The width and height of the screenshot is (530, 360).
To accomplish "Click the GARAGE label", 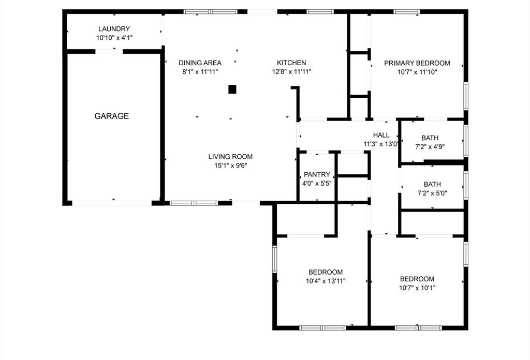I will pos(111,116).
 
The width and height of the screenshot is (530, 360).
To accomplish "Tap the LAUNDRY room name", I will pos(114,29).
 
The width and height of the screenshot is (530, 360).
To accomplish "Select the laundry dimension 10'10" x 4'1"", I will pos(114,38).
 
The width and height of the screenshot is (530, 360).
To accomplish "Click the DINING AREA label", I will pos(200,63).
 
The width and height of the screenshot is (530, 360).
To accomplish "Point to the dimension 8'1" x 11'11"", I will pos(200,72).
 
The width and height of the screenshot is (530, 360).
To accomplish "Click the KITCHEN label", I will pos(292,63).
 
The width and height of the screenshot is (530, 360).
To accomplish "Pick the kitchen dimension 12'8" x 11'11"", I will pos(292,72).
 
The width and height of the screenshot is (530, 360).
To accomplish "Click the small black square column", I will pos(232,89).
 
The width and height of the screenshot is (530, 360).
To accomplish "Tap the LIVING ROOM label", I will pos(230,157).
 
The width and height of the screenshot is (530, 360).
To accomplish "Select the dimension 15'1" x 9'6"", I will pos(230,166).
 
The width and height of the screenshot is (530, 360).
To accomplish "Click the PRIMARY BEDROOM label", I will pos(417,63).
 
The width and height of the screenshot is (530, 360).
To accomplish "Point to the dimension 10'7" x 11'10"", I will pos(417,72).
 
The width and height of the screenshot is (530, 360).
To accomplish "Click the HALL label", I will pos(381,136).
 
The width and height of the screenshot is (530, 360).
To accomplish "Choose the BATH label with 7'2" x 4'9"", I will pos(430,138).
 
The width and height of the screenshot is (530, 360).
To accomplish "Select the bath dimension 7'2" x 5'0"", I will pos(432,193).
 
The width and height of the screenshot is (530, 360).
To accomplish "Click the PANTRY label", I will pos(317,174).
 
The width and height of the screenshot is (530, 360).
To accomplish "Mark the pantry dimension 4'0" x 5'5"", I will pos(317,183).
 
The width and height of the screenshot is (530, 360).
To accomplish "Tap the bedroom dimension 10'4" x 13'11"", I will pos(325,281).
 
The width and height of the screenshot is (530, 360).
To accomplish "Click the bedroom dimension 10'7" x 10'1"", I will pos(417,288).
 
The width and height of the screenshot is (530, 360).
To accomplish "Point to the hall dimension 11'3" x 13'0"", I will pos(381,144).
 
